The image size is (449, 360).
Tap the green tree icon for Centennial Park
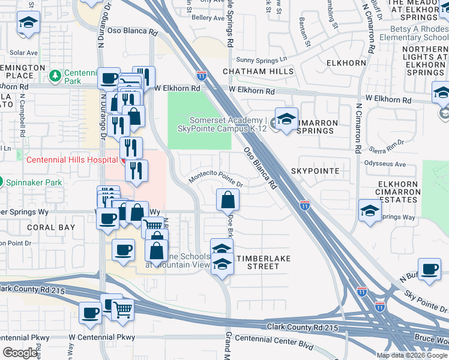coord(55,76)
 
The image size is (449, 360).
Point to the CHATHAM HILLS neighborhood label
coord(258,71)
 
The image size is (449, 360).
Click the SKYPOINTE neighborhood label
coord(315,172)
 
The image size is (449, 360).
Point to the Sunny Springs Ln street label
coord(262,59)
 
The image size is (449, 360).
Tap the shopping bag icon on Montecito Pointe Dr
coord(228,200)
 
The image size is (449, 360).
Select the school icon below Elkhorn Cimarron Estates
coord(370,211)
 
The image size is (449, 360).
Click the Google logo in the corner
coord(19,353)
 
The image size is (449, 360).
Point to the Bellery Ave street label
coord(208,19)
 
